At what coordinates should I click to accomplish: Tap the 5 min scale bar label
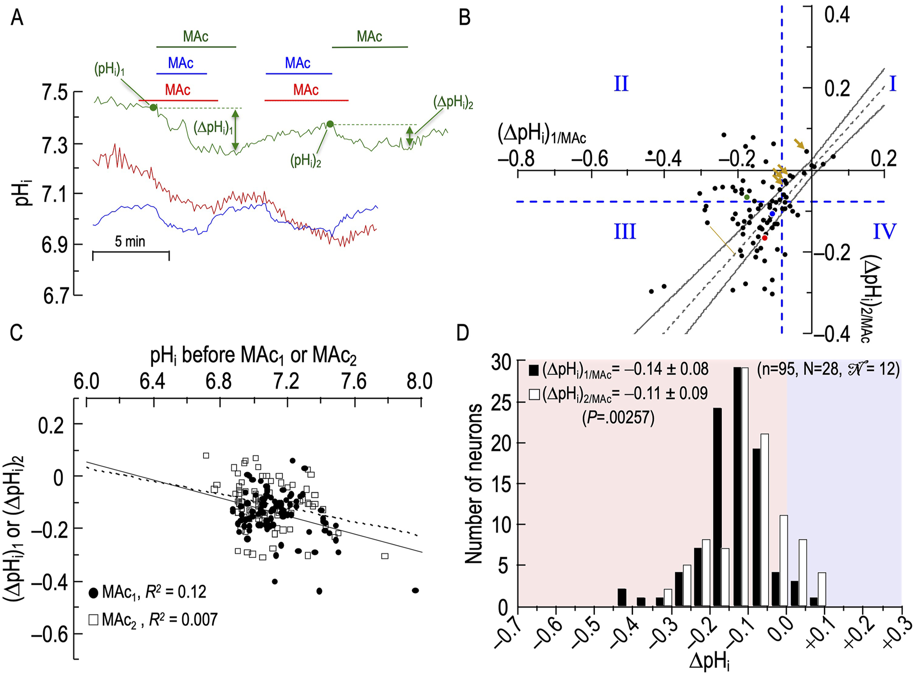[130, 241]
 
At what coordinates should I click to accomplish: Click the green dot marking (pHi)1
[154, 107]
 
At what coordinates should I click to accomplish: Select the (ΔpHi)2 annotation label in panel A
[453, 102]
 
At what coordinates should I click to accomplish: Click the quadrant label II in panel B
[621, 84]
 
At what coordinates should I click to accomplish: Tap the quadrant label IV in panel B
[884, 231]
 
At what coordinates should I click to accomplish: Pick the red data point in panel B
[764, 238]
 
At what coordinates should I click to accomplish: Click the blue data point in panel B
[772, 213]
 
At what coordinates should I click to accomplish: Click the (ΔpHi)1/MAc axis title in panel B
[542, 134]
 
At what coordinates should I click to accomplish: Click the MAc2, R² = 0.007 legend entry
[153, 619]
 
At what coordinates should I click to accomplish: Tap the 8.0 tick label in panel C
[420, 381]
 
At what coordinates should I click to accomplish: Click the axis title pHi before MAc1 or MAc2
[253, 356]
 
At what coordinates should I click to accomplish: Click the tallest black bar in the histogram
[737, 486]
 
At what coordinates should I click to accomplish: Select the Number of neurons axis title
[473, 483]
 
